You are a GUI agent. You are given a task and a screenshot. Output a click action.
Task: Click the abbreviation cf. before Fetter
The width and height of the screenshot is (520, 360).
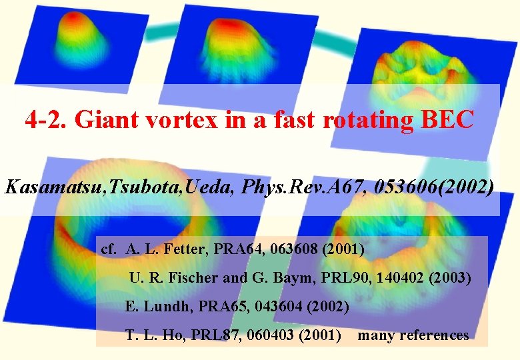pyautogui.click(x=108, y=250)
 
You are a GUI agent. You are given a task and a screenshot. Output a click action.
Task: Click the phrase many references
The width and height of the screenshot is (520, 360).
pyautogui.click(x=413, y=335)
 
